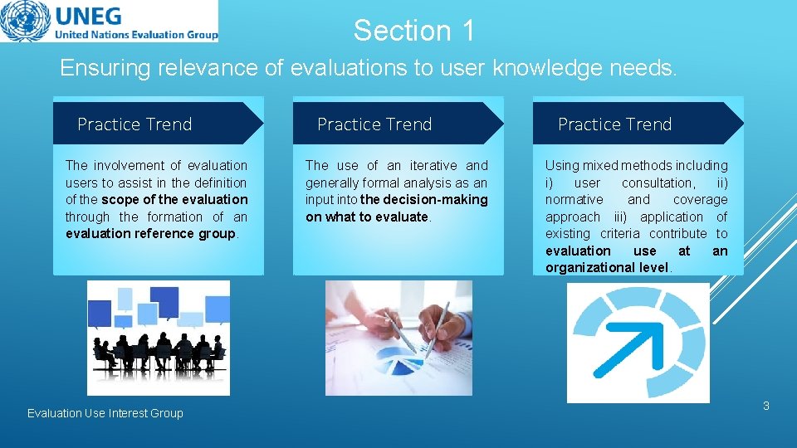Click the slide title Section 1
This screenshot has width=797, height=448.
[414, 31]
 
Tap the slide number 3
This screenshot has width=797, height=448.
[765, 407]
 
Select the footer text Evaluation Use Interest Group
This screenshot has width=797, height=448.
[105, 413]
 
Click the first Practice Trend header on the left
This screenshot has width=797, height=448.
[134, 124]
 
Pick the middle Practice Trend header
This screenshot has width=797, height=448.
[374, 124]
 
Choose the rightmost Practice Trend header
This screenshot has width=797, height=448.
[614, 124]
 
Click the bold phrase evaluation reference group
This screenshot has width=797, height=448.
[151, 234]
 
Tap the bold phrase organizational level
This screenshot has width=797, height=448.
[607, 267]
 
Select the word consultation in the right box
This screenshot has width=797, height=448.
[658, 183]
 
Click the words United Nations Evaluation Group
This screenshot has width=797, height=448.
[136, 35]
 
